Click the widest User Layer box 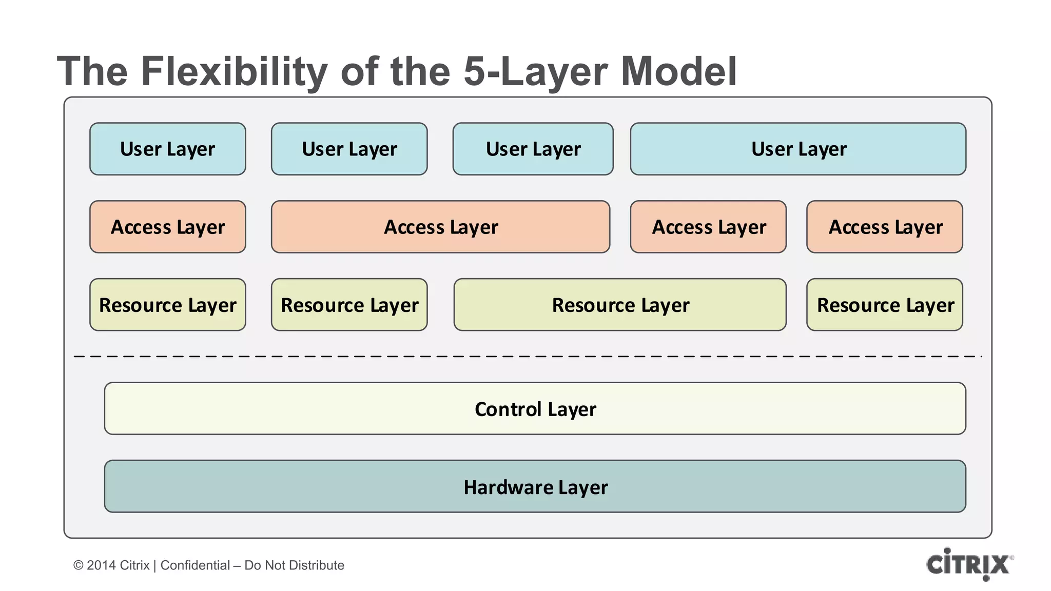tap(798, 149)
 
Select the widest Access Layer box tap(440, 227)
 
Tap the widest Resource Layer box tap(620, 305)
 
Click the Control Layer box tap(535, 408)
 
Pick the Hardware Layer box tap(535, 486)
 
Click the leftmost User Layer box tap(167, 149)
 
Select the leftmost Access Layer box tap(167, 227)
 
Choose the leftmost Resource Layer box tap(167, 305)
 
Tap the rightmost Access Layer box tap(884, 227)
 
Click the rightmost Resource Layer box tap(884, 305)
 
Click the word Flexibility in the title tap(234, 72)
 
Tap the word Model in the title tap(678, 72)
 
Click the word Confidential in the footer tap(195, 565)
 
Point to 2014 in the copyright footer tap(101, 565)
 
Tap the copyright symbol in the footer tap(78, 565)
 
